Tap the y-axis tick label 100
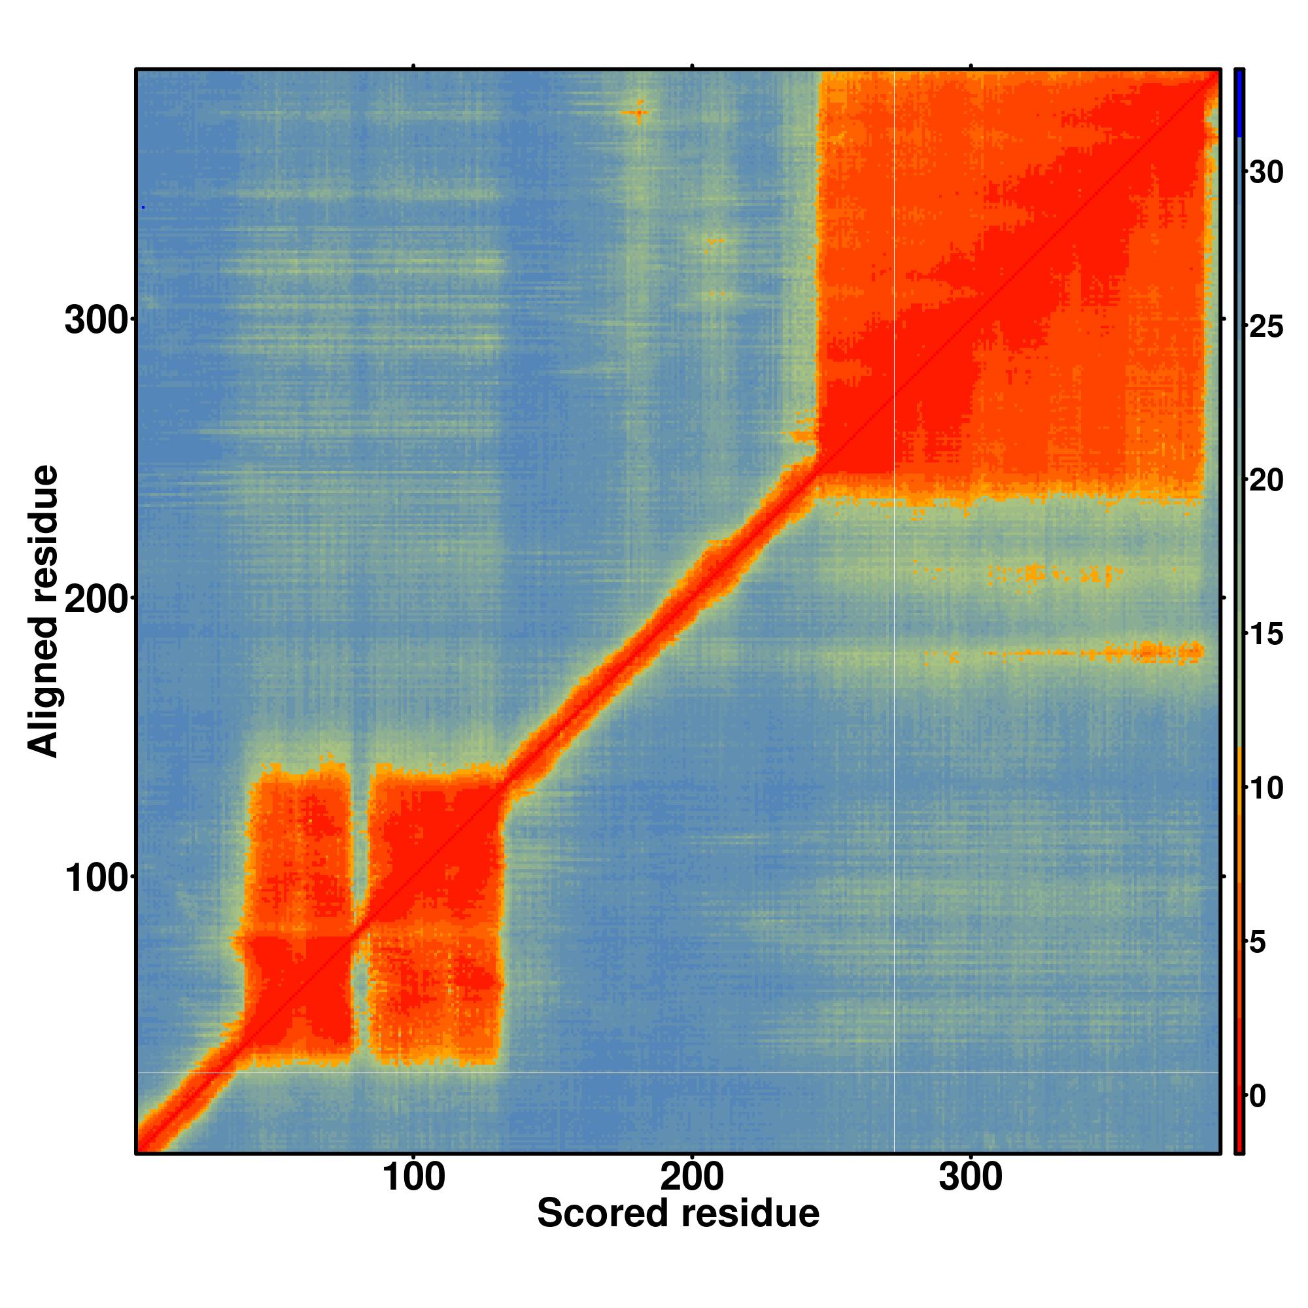(x=96, y=880)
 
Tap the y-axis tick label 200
(x=96, y=600)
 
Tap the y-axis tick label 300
(x=96, y=321)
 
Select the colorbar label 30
(x=1265, y=173)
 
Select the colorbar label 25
(x=1265, y=328)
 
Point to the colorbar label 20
(x=1265, y=481)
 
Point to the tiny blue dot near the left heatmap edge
(x=143, y=207)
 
